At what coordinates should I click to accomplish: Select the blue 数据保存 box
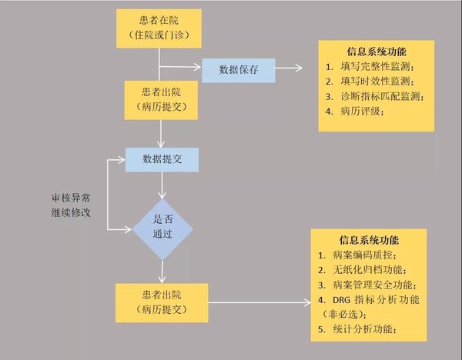coord(238,70)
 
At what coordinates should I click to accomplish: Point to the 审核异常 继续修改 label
coord(66,205)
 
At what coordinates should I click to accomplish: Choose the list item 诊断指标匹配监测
coord(380,96)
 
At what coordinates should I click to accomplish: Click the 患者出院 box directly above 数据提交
coord(159,98)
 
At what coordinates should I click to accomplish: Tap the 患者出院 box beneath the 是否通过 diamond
coord(159,302)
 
